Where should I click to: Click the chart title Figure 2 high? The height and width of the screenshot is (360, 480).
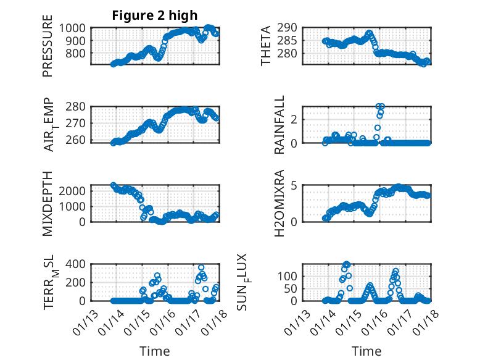pyautogui.click(x=155, y=15)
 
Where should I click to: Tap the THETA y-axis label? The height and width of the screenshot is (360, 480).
pyautogui.click(x=266, y=46)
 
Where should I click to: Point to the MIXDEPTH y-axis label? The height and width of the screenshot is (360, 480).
pyautogui.click(x=48, y=203)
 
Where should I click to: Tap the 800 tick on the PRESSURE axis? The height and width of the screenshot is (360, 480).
pyautogui.click(x=79, y=54)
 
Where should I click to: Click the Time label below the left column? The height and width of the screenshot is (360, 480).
pyautogui.click(x=155, y=351)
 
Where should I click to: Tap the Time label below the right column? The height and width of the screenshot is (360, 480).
pyautogui.click(x=366, y=351)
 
